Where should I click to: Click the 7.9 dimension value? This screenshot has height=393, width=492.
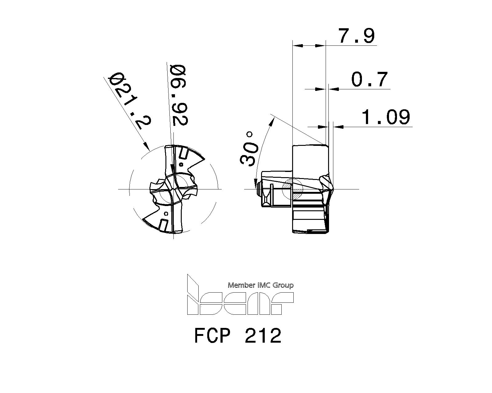tap(357, 36)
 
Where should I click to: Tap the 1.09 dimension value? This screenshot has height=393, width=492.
tap(386, 117)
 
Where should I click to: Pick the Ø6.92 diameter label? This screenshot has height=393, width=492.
tap(179, 95)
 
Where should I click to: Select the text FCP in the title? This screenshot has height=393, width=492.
tap(212, 336)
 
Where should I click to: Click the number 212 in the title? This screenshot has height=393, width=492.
tap(263, 336)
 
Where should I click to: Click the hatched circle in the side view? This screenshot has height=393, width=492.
tap(292, 188)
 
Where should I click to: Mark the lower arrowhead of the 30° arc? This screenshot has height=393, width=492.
tap(256, 184)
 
